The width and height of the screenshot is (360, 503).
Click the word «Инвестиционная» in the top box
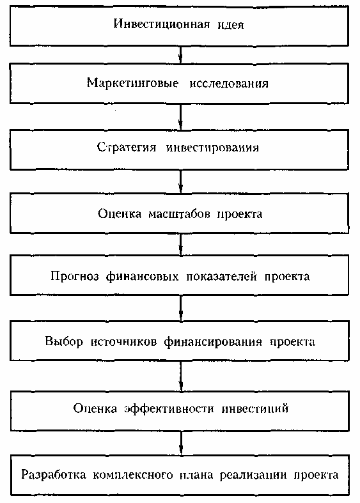[162, 24]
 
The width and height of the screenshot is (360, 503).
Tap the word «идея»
[231, 25]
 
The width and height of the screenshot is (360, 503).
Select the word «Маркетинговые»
[132, 82]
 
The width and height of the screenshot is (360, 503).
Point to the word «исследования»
[229, 83]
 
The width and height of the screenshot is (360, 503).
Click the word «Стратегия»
[127, 147]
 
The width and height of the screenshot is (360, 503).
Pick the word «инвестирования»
[212, 148]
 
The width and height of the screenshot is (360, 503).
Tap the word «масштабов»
[179, 213]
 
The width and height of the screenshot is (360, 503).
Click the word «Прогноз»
[74, 276]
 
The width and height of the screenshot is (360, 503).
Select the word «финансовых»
[142, 276]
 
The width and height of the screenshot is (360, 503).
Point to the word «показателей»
[222, 276]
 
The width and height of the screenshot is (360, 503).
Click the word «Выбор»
[64, 341]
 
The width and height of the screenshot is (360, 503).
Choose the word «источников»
[124, 342]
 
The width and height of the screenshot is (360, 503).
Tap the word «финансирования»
[214, 342]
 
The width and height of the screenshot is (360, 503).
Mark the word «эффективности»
[169, 408]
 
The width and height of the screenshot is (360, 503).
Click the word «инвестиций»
[255, 408]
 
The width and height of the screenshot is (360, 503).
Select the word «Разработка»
[54, 475]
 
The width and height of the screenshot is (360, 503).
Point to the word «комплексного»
[133, 475]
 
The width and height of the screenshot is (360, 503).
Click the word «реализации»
[253, 475]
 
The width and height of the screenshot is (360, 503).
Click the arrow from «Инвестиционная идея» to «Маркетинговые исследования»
[181, 54]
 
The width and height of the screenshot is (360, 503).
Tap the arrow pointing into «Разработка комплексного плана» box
[182, 443]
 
